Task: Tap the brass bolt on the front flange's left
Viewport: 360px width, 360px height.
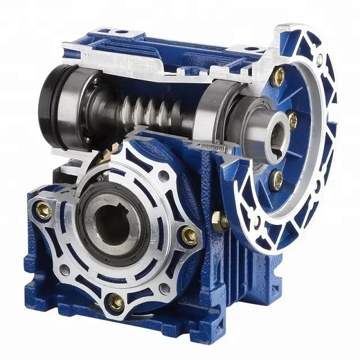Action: tap(43, 210)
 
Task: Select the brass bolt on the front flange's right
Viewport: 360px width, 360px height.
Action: tap(190, 235)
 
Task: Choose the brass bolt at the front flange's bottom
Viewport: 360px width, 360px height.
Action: tap(116, 302)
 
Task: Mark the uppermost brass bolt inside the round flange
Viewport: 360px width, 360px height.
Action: tap(277, 77)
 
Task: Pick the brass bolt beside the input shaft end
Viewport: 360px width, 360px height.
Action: tap(292, 120)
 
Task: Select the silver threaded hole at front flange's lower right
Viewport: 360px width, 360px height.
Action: tap(164, 289)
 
